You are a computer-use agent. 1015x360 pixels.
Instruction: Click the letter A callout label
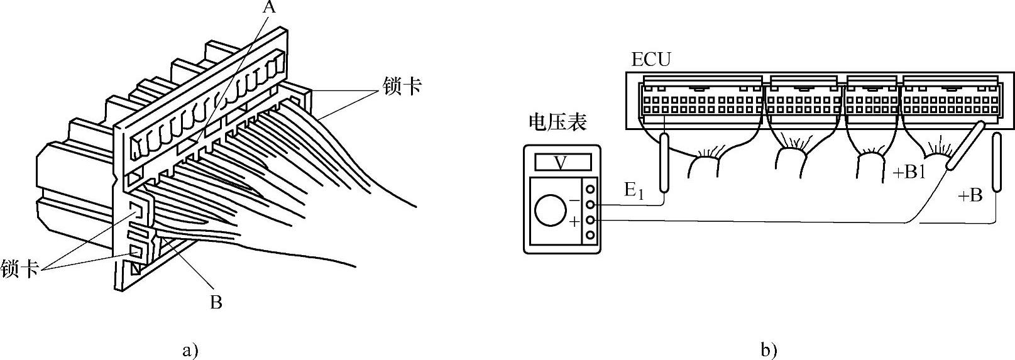[269, 8]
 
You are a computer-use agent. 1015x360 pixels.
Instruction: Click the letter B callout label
[216, 303]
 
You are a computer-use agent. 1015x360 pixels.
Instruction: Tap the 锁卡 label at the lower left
[20, 268]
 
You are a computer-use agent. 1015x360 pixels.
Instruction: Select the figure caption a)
[190, 349]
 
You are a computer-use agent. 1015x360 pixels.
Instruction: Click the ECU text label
[651, 60]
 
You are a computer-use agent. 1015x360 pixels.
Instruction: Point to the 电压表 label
[558, 122]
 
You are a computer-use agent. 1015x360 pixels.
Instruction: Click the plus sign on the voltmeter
[574, 221]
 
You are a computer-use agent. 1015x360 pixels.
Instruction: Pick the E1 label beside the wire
[634, 190]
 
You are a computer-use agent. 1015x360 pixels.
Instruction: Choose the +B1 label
[909, 172]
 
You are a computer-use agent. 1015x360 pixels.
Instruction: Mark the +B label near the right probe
[970, 196]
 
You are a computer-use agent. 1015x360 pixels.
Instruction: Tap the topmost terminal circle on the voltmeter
[590, 189]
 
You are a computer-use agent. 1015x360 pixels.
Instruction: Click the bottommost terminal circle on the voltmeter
[590, 235]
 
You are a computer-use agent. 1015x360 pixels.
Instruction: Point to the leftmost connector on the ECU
[700, 99]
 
